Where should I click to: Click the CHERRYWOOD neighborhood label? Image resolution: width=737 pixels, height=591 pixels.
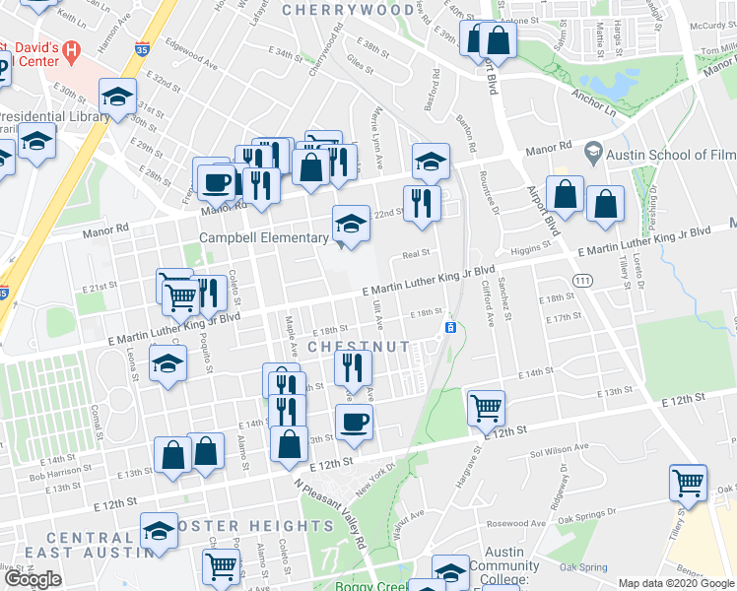tap(348, 10)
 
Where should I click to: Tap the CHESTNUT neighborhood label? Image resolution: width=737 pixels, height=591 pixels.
tap(358, 347)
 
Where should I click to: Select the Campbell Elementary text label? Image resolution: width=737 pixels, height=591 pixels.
tap(264, 237)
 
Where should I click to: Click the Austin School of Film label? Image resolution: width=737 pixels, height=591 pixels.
tap(669, 154)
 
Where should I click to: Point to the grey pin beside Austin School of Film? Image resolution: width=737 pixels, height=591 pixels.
tap(592, 153)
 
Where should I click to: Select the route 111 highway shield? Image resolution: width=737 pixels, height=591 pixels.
tap(584, 281)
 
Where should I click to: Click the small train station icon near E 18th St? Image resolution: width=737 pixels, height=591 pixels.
tap(450, 327)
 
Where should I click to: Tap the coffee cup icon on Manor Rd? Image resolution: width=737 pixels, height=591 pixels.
tap(216, 181)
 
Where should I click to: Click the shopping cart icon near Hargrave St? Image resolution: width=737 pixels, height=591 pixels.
tap(487, 406)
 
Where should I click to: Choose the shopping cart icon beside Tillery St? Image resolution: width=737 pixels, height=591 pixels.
tap(688, 483)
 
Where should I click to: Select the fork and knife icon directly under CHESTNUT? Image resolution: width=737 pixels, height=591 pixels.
tap(353, 367)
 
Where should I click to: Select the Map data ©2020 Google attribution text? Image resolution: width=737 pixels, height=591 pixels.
tap(676, 582)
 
